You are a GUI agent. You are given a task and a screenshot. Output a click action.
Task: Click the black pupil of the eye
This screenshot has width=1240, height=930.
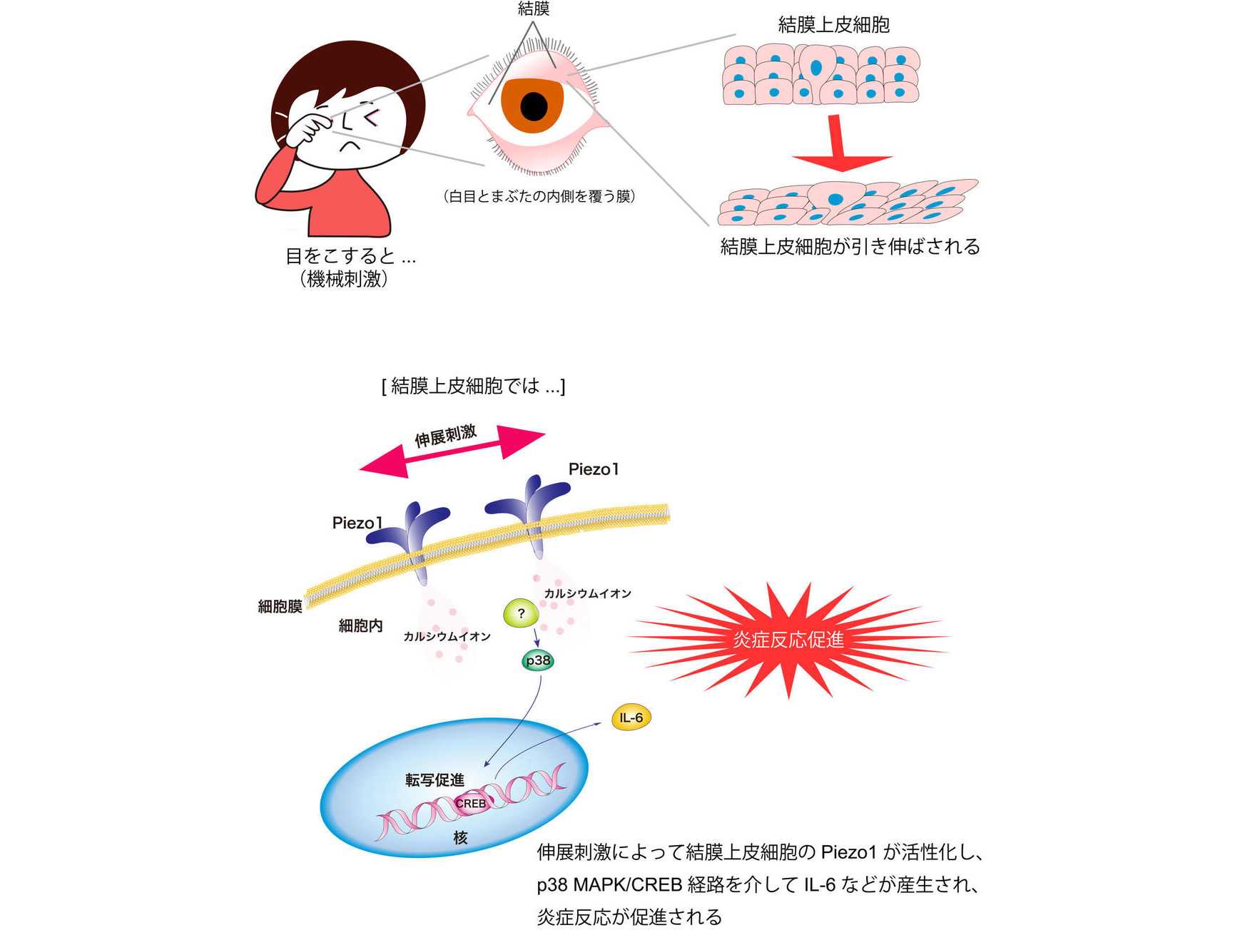534,107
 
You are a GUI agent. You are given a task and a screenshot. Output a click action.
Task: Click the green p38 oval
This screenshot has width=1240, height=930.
538,660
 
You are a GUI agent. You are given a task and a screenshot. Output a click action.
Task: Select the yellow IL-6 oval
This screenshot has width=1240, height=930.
631,717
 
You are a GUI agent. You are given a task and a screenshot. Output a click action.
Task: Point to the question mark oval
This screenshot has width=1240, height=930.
522,613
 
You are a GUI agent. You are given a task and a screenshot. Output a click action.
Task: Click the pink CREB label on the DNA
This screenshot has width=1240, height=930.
471,803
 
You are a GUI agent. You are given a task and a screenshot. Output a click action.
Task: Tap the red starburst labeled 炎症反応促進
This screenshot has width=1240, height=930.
788,639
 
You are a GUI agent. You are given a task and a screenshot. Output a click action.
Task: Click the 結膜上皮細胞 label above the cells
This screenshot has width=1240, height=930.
833,25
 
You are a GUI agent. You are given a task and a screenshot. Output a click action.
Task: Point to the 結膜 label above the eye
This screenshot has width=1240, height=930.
534,9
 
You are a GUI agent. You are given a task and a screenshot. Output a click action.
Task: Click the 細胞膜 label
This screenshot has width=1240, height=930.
280,606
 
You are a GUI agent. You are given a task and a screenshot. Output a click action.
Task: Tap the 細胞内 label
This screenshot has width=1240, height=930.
360,625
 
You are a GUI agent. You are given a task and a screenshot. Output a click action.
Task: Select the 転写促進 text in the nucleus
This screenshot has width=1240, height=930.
434,780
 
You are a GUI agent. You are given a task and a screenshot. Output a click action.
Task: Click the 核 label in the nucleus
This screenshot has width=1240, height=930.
461,837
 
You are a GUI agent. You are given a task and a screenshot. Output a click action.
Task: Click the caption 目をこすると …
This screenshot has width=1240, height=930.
350,255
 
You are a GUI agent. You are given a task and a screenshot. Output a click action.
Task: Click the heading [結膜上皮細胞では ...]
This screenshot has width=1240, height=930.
473,386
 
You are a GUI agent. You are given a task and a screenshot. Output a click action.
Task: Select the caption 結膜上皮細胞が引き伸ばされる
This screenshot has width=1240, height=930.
850,246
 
